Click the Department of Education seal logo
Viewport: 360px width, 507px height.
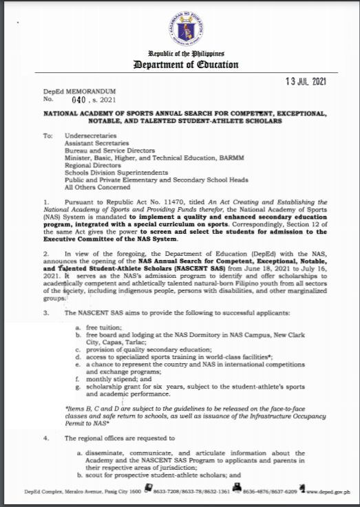pos(180,26)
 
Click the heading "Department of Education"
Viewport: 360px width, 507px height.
pos(180,65)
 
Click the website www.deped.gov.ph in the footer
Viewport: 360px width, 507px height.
pos(331,493)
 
